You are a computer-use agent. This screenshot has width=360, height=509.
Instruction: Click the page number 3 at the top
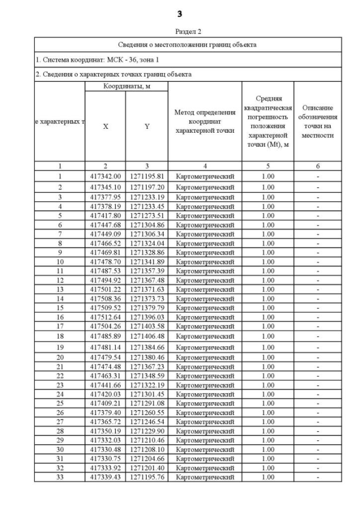180,13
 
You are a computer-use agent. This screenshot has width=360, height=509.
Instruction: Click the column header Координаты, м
126,86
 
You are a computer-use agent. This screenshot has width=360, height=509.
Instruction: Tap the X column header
105,127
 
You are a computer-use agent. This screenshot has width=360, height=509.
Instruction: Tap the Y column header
146,127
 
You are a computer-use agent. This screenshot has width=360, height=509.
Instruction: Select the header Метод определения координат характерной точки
204,121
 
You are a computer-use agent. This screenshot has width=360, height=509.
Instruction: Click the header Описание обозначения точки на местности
317,121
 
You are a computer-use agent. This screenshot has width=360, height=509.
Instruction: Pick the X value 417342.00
105,176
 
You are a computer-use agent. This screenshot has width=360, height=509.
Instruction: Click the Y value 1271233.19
146,197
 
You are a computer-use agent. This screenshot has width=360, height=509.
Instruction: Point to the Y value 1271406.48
146,336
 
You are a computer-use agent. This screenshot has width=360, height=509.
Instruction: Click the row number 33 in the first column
60,477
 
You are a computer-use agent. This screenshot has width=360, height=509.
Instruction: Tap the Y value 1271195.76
146,477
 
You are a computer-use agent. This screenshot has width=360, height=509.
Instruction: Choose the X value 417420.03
105,394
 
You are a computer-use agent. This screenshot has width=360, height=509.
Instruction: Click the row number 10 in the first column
60,262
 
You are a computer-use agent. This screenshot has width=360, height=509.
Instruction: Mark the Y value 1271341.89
146,262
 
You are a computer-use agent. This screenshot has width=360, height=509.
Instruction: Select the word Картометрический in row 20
204,357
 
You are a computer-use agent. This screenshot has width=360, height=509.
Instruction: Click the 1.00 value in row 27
268,421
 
